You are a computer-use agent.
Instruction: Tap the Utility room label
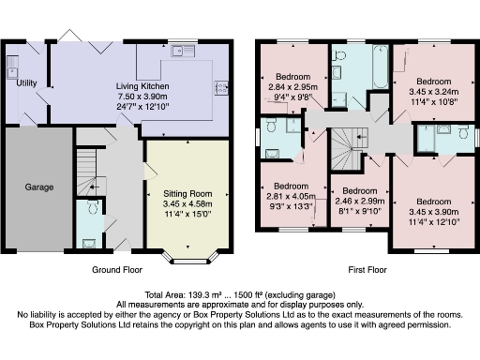coord(27,83)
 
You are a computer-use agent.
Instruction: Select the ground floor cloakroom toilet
coord(91,209)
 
